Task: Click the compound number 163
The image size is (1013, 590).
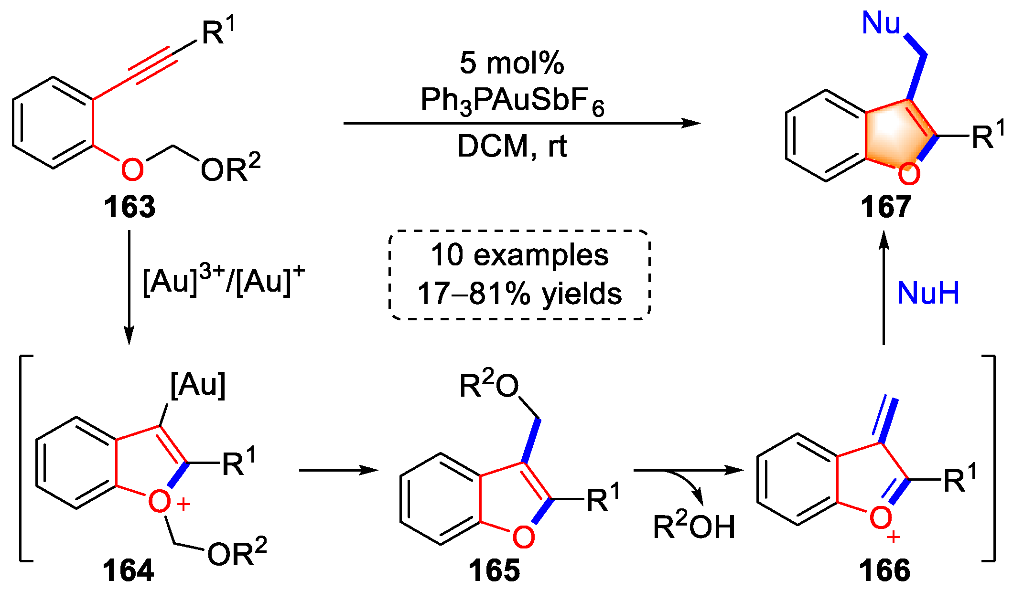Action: point(129,207)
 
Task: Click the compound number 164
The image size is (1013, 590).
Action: point(128,570)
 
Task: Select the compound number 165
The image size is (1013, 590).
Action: point(494,570)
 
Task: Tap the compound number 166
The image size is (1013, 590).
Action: point(884,570)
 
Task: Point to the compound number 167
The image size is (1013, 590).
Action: point(886,207)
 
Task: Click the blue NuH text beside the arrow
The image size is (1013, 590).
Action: point(928,293)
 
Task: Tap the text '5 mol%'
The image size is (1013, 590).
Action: point(512,63)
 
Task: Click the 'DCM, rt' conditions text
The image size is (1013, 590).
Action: point(512,146)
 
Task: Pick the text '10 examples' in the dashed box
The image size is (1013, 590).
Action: point(519,255)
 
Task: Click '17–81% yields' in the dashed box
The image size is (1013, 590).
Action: point(519,293)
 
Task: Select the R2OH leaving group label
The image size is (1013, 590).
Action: point(694,527)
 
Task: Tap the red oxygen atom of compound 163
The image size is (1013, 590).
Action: point(132,169)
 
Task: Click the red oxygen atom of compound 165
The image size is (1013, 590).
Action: point(523,537)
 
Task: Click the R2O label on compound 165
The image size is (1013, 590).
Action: point(489,386)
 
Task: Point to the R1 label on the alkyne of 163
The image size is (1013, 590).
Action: point(218,32)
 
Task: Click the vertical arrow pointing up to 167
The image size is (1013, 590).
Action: point(884,286)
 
